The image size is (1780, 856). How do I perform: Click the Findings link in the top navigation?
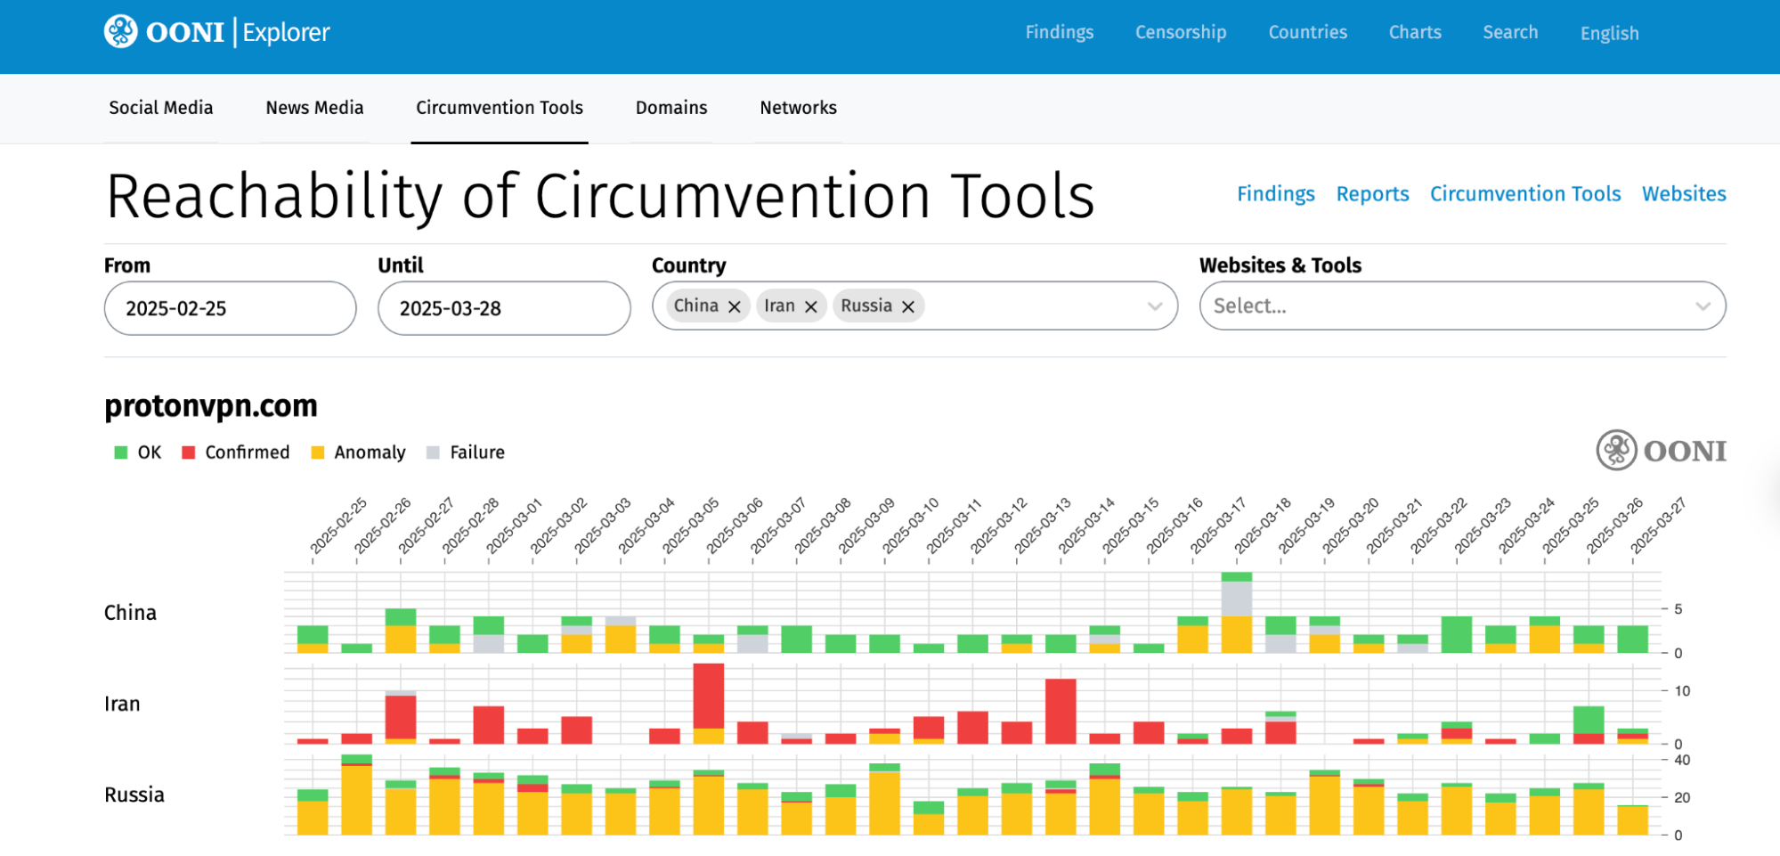[1059, 32]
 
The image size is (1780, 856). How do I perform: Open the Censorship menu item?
[1180, 32]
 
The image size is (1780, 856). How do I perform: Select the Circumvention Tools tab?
[499, 108]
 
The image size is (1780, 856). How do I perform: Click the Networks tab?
[798, 108]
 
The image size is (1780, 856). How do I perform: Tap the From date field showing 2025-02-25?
[230, 308]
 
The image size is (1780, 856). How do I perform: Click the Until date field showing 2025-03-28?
[503, 308]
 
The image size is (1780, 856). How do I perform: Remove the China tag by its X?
[735, 306]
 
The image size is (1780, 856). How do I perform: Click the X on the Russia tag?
[908, 306]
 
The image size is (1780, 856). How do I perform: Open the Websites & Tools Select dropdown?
[1461, 306]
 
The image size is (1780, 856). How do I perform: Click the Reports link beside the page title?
[1372, 194]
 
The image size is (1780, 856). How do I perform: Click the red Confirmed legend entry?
[236, 452]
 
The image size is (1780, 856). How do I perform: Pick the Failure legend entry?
[466, 452]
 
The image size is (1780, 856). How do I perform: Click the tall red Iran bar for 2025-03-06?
[708, 699]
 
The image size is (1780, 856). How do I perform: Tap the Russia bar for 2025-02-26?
[356, 797]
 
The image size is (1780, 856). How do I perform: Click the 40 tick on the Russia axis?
[1681, 760]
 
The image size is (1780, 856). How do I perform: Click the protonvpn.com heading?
[211, 406]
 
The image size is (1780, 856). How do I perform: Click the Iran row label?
[122, 704]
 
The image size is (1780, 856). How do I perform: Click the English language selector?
[1609, 33]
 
